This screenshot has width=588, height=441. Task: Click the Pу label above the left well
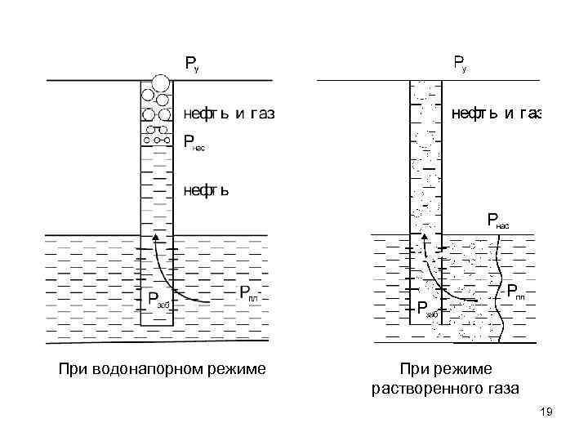[x=192, y=65]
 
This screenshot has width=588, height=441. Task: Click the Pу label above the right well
[x=460, y=65]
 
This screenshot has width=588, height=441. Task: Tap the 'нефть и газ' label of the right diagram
[x=497, y=114]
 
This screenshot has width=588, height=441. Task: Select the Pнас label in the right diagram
[x=497, y=220]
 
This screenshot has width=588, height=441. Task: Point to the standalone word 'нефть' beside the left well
[x=205, y=190]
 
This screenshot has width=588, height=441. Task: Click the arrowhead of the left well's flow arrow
[x=154, y=238]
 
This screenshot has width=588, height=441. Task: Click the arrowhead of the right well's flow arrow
[x=423, y=240]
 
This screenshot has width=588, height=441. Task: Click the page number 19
[x=546, y=414]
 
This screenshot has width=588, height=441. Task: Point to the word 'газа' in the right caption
[x=500, y=389]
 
